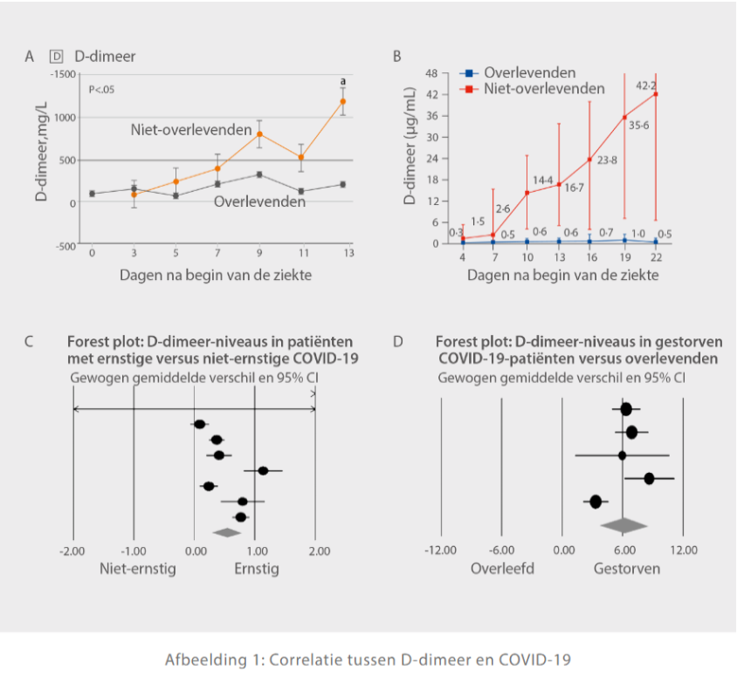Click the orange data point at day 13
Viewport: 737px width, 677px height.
(342, 101)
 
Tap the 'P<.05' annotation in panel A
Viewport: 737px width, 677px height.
(102, 89)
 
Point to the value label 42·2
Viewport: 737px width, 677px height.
(646, 85)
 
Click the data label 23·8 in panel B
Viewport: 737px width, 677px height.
(608, 161)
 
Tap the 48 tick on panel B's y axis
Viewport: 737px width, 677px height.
(431, 73)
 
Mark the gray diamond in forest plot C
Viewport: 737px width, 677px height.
(226, 531)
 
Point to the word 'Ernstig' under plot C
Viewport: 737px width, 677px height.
(257, 568)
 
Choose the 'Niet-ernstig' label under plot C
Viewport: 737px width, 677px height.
(138, 568)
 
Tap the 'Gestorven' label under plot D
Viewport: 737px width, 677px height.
(627, 568)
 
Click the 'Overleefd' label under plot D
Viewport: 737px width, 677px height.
(502, 568)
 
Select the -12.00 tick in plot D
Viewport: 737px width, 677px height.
(440, 550)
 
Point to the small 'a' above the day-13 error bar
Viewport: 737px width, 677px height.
(342, 80)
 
